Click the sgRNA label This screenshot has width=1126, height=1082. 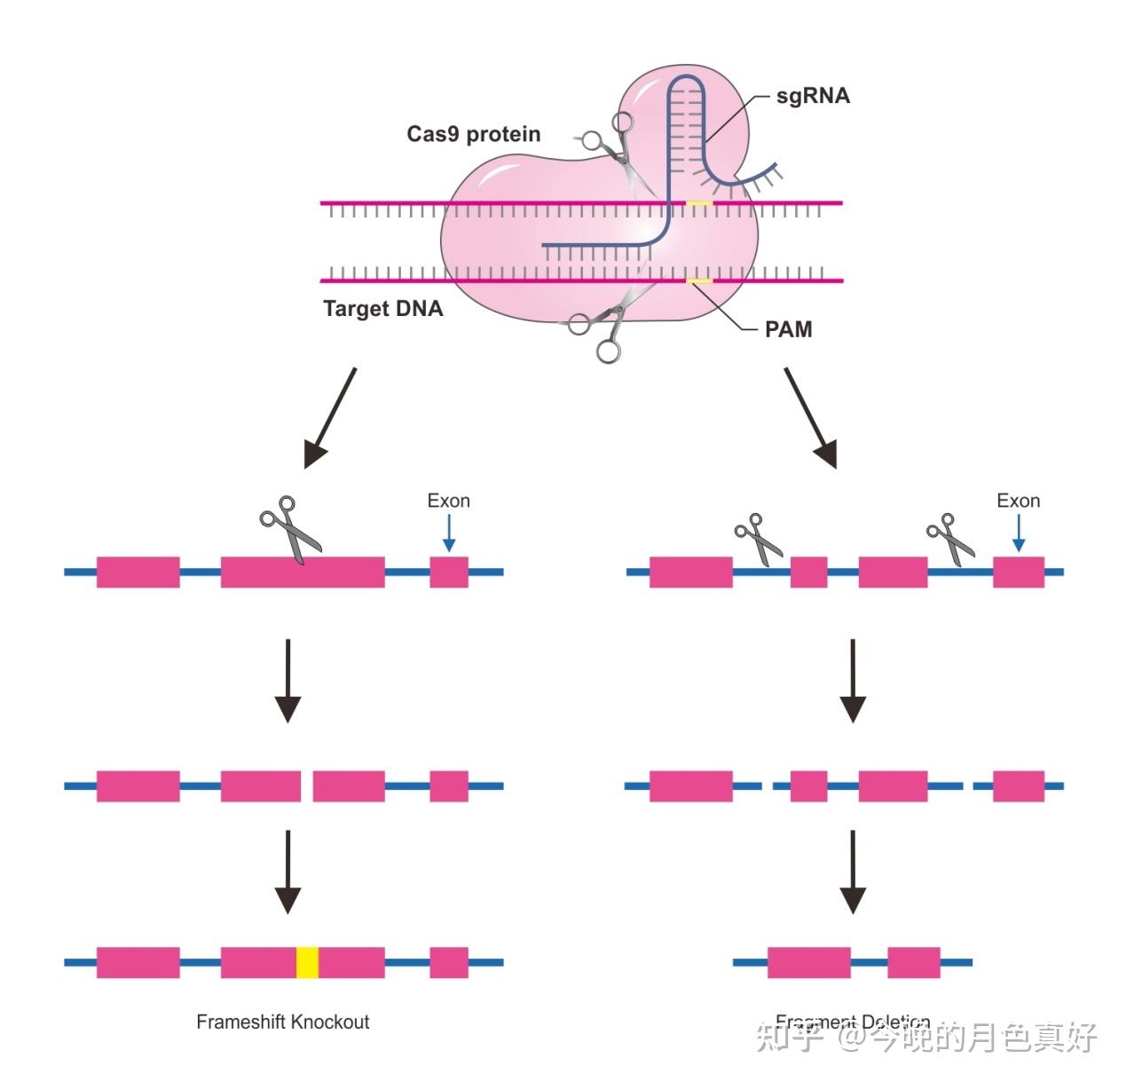coord(812,96)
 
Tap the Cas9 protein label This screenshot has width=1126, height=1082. coord(473,134)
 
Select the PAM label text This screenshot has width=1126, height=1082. coord(788,329)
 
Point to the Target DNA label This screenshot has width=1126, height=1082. coord(382,309)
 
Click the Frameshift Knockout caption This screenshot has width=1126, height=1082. coord(282,1022)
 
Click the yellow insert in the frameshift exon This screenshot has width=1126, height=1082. coord(307,962)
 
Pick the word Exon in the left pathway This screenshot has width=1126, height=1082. coord(448,501)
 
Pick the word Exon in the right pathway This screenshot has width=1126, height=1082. coord(1018,501)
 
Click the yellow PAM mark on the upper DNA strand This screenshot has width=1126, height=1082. coord(699,203)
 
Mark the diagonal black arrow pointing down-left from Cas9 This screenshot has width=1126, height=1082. coord(330,416)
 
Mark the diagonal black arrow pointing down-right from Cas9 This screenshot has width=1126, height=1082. coord(810,416)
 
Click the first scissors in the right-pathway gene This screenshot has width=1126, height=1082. coord(757,538)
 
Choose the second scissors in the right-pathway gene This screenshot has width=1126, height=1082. coord(949,538)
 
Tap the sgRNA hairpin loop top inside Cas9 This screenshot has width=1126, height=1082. coord(687,82)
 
